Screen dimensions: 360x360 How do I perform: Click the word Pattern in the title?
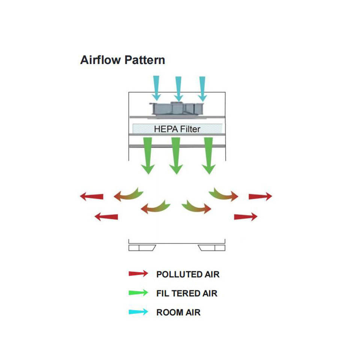pos(145,60)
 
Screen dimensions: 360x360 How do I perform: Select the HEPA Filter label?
pos(177,129)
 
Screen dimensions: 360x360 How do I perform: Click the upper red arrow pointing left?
pos(91,196)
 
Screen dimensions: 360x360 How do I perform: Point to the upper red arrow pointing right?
pos(260,196)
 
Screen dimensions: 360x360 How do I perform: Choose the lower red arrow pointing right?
pos(246,216)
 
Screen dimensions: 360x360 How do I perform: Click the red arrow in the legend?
pos(138,274)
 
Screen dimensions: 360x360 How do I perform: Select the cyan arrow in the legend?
pos(138,312)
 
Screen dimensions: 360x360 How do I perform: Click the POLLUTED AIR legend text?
pos(187,274)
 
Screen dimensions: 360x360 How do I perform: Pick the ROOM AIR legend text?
pos(178,312)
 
